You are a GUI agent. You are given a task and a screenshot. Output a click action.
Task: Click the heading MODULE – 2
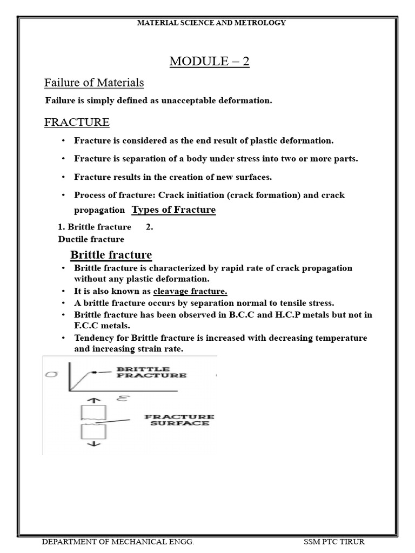209,62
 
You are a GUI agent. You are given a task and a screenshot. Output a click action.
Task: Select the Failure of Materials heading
94,83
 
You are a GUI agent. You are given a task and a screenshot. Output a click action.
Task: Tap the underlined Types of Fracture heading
173,210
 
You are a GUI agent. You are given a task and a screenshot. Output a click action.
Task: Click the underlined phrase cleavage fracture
190,292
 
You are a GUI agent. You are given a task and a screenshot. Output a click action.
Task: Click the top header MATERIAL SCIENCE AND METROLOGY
211,23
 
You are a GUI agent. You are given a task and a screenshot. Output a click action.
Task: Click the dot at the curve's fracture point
93,372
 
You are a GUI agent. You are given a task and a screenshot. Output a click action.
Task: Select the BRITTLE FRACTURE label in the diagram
151,372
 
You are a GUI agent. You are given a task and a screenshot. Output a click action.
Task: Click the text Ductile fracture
91,239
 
